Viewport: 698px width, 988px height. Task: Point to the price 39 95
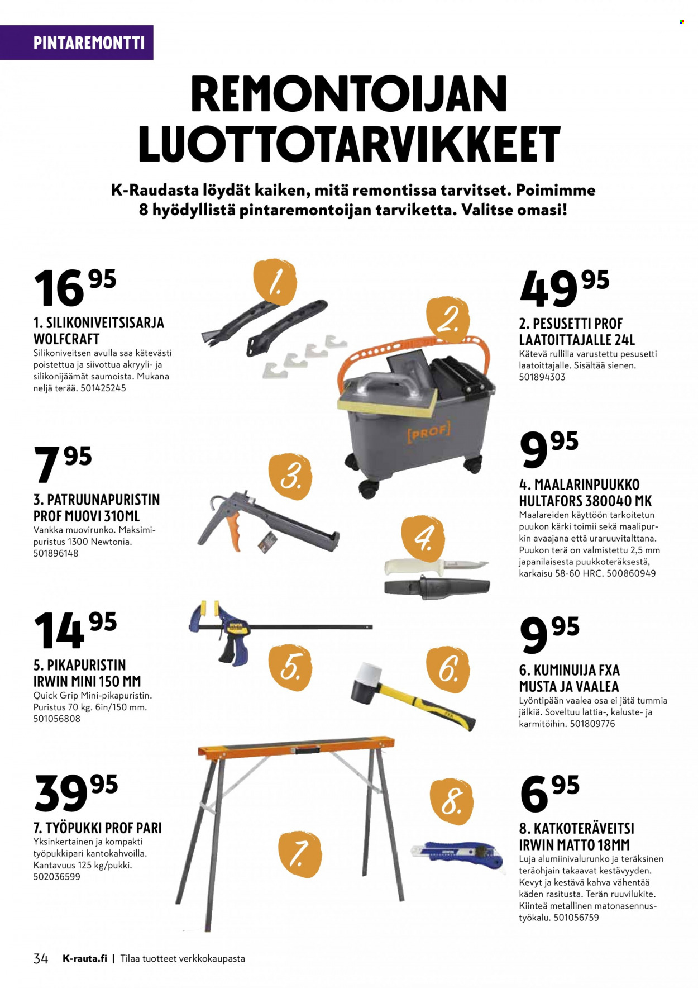tap(76, 792)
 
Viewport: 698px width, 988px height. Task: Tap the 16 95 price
tap(75, 287)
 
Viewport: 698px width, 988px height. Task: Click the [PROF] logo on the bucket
tap(428, 431)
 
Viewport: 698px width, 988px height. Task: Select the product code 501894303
tap(542, 377)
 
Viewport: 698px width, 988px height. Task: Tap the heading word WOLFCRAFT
tap(66, 339)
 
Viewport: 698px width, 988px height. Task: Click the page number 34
tap(41, 958)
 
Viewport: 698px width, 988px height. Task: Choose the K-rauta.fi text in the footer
tap(84, 958)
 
